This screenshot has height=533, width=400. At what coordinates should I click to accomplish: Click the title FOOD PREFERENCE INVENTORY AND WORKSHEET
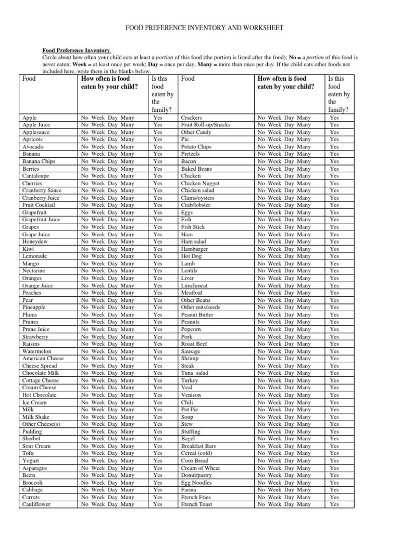tap(200, 28)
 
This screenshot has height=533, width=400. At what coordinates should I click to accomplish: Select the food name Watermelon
tap(37, 351)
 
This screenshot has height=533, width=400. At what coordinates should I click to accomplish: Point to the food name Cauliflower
tap(37, 504)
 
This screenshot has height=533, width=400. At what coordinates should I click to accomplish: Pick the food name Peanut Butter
tap(197, 315)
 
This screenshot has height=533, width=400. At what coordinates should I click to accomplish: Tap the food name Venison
tap(191, 395)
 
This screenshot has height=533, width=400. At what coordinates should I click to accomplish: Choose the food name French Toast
tap(196, 504)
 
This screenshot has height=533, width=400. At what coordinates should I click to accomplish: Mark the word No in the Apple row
tap(85, 118)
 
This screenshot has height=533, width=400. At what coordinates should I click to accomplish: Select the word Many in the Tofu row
tap(127, 453)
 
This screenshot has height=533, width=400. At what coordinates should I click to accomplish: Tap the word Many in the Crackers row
tap(304, 118)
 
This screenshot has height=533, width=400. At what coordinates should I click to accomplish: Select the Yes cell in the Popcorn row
tap(335, 329)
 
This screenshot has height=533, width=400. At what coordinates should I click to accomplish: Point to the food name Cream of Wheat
tap(200, 468)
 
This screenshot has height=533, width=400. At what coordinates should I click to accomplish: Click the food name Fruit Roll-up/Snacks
tap(205, 125)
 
